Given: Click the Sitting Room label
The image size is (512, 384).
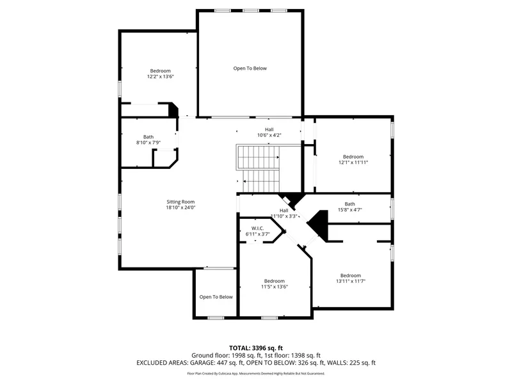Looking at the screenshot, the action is (x=180, y=202).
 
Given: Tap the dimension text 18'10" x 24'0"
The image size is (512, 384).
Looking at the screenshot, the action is (x=180, y=207).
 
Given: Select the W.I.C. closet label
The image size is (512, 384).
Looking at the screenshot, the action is (x=258, y=228).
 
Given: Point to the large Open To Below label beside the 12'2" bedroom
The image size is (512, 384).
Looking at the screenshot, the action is (x=250, y=68).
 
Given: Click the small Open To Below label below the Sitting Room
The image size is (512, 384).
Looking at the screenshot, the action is (x=216, y=297).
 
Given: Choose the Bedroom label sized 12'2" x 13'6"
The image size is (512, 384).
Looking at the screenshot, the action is (x=161, y=71).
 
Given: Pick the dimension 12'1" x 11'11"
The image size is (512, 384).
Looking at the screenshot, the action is (x=353, y=163).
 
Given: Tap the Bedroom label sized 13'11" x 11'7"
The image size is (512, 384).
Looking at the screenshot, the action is (x=351, y=276).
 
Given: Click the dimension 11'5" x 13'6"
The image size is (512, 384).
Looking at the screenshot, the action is (x=275, y=287).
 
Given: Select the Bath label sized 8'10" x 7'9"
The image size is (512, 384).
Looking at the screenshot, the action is (x=148, y=137).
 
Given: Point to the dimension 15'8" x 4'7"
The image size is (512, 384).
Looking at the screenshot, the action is (x=350, y=210).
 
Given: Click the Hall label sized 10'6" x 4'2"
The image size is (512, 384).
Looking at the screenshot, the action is (x=269, y=129).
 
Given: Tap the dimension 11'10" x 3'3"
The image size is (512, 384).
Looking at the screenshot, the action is (x=284, y=216).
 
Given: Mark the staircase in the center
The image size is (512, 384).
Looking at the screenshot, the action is (x=259, y=169).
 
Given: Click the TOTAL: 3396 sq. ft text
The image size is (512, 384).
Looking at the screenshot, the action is (x=256, y=348).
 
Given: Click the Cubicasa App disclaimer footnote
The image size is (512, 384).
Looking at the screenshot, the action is (x=256, y=373).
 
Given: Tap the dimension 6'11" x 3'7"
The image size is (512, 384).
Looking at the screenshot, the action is (x=258, y=234).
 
